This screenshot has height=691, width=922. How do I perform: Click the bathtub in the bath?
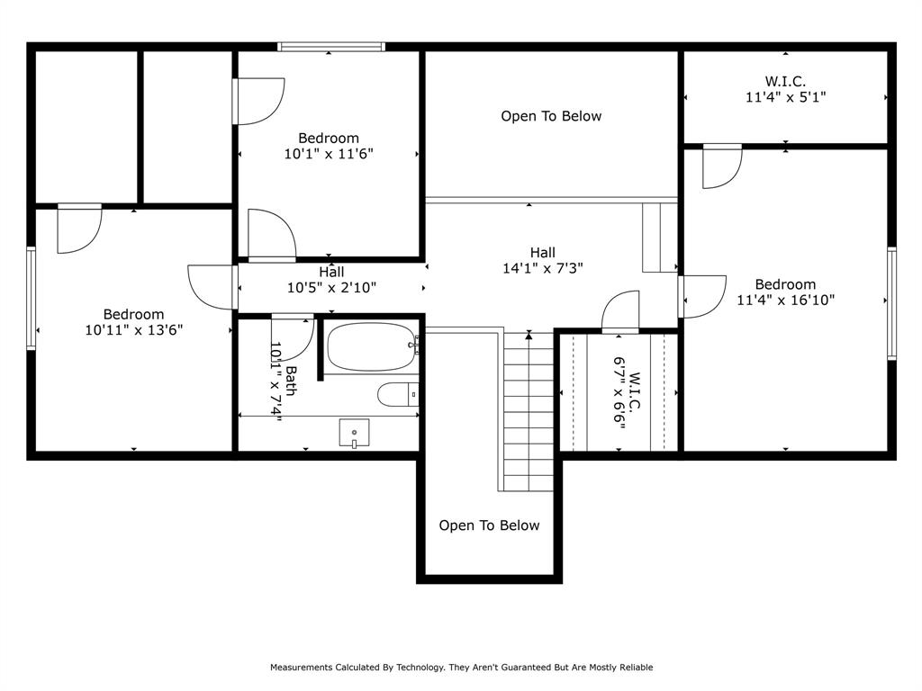coord(371,346)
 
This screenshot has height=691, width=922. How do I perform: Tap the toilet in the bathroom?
coord(398,394)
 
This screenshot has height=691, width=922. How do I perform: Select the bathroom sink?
coord(354,433)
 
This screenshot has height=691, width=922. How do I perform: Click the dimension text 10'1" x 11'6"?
coord(329,154)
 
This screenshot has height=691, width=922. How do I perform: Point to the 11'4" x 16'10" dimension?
coord(785,301)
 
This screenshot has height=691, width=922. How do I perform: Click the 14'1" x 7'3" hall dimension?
coord(543,268)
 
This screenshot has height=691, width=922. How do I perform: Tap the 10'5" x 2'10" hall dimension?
coord(331,288)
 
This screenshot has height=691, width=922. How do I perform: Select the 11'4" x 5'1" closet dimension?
coord(785,97)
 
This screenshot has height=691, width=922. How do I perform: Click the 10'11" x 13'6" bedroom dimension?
coord(134,330)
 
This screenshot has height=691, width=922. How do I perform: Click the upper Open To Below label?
coord(551,116)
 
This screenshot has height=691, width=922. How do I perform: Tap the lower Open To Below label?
coord(489,525)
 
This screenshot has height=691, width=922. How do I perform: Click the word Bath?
coord(291,381)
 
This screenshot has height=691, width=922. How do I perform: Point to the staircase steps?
coord(529,411)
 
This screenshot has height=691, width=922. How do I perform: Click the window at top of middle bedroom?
coord(331,47)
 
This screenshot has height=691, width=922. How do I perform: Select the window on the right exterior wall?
coord(891,303)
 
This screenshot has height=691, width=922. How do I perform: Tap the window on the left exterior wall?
coord(32,299)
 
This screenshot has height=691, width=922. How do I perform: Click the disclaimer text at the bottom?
coord(462,667)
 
